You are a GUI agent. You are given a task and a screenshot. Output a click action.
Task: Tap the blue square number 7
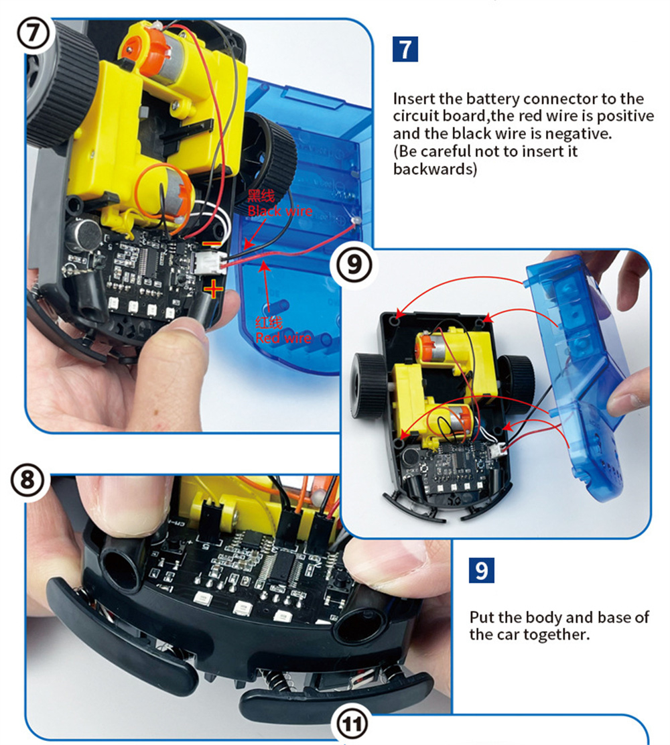point(405,49)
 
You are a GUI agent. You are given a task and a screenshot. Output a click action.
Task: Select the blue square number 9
point(481,570)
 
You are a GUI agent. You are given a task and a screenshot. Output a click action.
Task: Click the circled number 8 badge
point(27,480)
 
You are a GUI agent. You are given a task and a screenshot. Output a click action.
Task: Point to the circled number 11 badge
point(352,725)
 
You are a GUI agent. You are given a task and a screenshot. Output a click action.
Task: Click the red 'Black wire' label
point(280,211)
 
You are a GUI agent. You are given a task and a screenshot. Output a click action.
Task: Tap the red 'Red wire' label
point(283,338)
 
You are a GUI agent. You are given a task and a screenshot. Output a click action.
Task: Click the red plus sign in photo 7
point(214,288)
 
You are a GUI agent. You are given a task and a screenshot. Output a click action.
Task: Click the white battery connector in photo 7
point(208,262)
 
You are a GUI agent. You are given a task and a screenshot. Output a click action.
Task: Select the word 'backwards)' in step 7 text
point(435,169)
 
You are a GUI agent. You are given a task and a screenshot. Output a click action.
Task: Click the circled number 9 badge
point(354,264)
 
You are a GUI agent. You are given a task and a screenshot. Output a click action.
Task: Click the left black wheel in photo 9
point(369,388)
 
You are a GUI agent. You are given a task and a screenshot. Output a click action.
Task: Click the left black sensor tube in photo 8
point(123,565)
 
